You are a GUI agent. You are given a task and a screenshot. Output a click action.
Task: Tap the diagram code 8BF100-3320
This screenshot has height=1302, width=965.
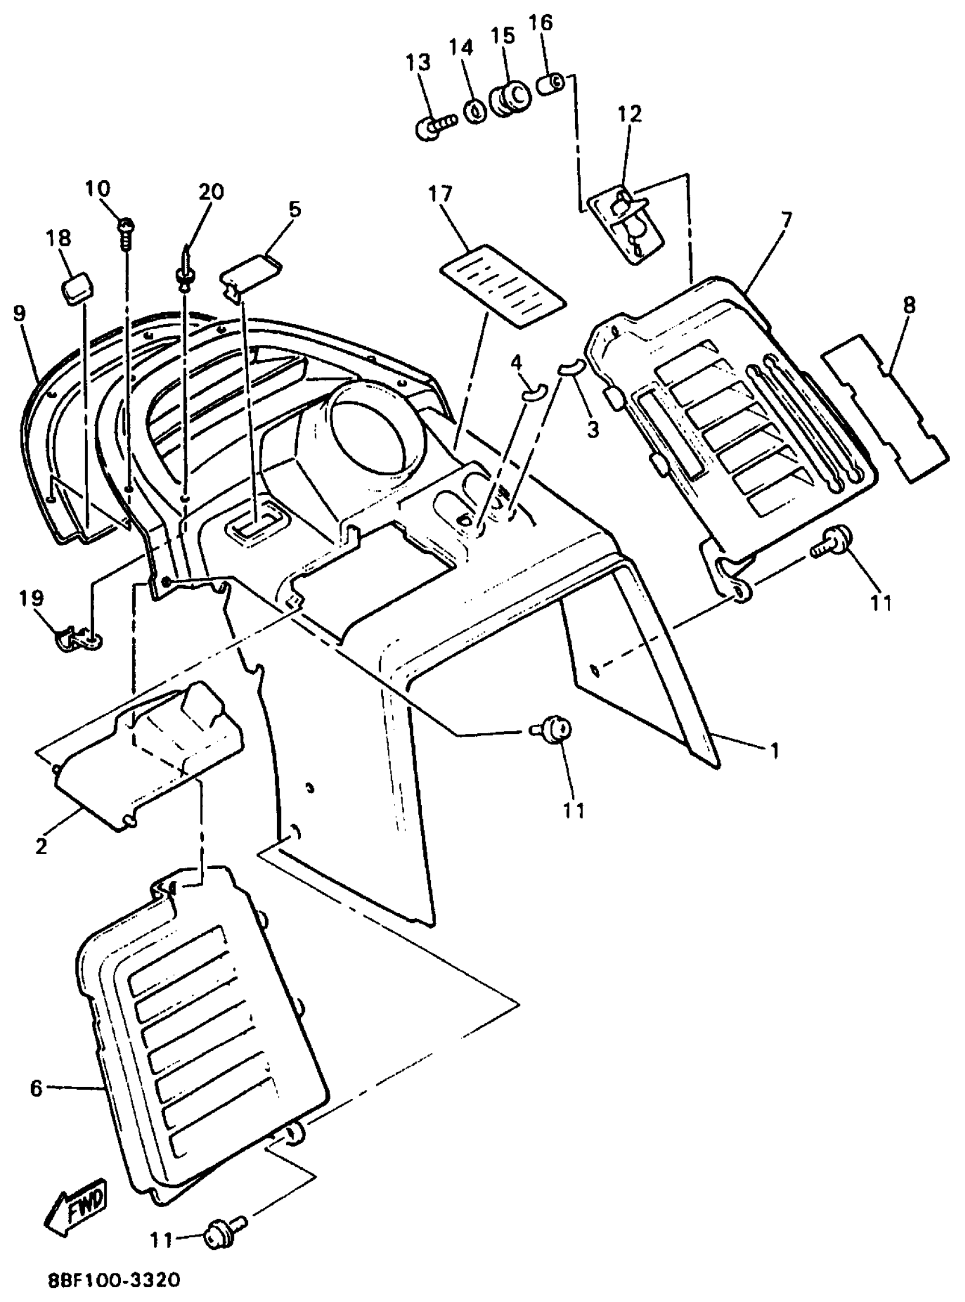pos(115,1281)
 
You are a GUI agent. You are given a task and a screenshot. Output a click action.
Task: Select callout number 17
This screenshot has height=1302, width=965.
pos(440,193)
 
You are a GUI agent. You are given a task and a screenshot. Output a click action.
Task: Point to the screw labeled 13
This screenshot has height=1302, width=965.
pos(435,125)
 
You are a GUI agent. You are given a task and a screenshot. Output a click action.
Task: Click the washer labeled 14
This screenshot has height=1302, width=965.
pos(476,109)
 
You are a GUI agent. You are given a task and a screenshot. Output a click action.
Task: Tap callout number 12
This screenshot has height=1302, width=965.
pos(629,114)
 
